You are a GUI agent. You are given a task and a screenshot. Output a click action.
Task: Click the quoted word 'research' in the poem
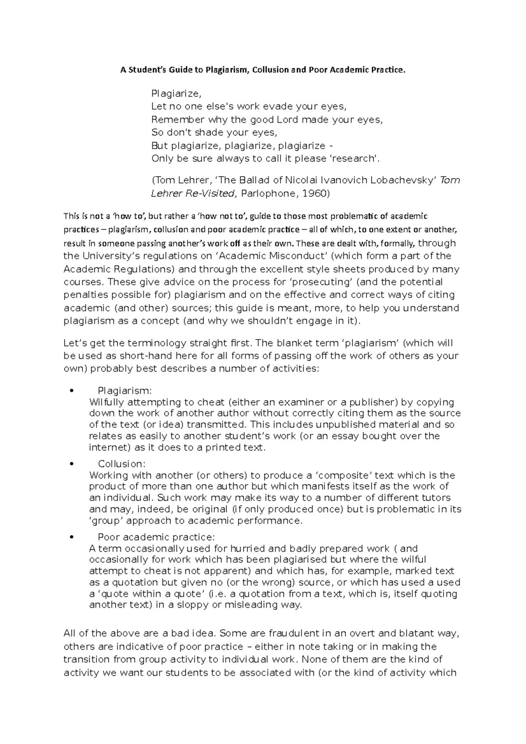[354, 159]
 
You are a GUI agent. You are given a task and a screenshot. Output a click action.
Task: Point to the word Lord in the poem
[287, 119]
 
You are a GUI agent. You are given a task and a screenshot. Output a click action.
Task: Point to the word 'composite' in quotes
[344, 475]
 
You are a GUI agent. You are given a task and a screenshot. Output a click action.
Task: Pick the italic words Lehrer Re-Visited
[193, 193]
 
